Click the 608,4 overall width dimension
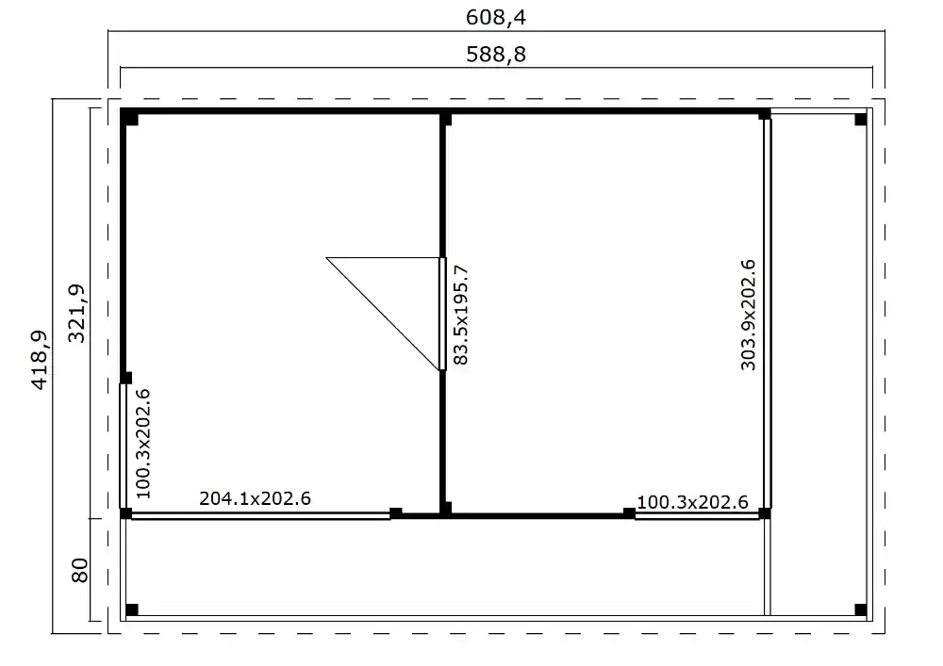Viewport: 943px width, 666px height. click(495, 18)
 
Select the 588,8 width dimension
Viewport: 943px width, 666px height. click(495, 55)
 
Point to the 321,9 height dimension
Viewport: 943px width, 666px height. click(78, 313)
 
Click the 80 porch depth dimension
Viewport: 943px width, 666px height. click(79, 570)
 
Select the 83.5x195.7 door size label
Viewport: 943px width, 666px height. click(461, 315)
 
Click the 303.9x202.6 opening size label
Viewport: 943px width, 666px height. click(750, 314)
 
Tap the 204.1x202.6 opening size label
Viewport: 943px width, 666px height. click(255, 498)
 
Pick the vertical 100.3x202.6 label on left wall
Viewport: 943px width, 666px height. click(142, 442)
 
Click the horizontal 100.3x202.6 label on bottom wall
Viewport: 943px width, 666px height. click(692, 502)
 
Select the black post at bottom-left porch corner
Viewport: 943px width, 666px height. click(132, 609)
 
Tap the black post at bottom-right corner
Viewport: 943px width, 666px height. click(860, 609)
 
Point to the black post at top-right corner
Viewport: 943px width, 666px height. click(860, 120)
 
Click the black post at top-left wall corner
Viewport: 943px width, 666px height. click(130, 119)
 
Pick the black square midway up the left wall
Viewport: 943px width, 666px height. click(126, 379)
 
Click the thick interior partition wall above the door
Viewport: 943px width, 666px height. click(443, 188)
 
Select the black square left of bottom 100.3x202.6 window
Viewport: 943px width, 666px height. click(629, 512)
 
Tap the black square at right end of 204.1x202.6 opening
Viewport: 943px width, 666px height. click(396, 512)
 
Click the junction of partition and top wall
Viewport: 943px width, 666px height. click(445, 119)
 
